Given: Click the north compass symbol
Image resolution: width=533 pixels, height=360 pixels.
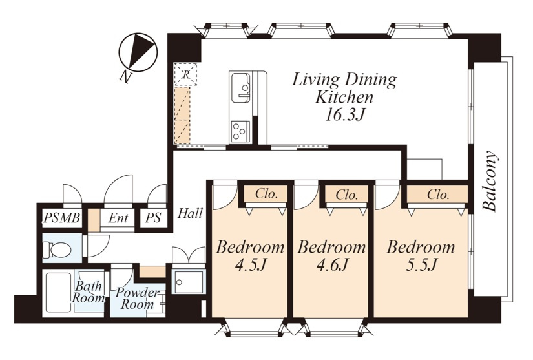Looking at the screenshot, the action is point(138,52).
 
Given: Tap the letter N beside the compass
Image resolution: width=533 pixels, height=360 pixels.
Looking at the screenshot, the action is point(125,78).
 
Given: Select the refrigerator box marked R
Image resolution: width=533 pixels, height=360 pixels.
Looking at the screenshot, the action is point(185,74).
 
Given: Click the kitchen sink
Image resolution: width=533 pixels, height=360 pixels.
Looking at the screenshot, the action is point(241,88).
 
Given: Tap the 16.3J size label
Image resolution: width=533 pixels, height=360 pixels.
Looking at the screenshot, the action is point(344,115).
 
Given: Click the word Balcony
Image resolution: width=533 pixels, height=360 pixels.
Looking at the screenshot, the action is point(490,181).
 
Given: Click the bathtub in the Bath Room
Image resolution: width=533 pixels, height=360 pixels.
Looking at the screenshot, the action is point(58,292).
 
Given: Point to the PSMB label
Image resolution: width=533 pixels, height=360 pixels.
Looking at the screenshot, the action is point(61,218).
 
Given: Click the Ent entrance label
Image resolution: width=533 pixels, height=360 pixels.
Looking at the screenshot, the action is point(118,218).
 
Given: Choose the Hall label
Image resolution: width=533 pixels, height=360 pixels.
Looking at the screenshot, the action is point(191,213).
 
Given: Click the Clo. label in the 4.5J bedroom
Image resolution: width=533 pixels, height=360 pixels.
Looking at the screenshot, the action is point(266,194).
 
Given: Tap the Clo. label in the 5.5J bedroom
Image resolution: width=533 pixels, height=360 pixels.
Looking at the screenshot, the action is point(438,195).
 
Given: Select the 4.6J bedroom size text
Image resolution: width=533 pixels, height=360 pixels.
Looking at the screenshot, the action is point(331,264).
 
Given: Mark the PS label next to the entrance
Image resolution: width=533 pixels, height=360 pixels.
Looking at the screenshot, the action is point(153,218).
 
